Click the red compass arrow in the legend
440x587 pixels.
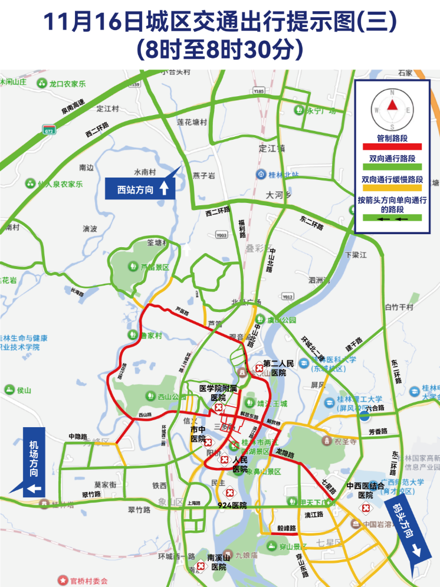pyautogui.click(x=392, y=106)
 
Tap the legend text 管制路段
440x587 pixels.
pyautogui.click(x=392, y=138)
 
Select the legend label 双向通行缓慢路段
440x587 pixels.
pyautogui.click(x=392, y=179)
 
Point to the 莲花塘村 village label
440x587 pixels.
pyautogui.click(x=192, y=122)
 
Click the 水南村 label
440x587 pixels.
pyautogui.click(x=145, y=172)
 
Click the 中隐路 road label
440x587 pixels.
pyautogui.click(x=77, y=437)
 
